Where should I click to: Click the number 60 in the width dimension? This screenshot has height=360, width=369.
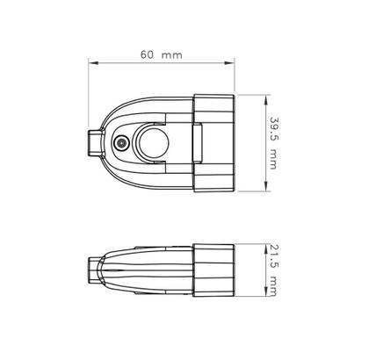[x=147, y=54]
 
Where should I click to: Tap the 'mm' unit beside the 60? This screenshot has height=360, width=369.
[x=172, y=55]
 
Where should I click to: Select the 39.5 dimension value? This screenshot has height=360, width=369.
[x=273, y=128]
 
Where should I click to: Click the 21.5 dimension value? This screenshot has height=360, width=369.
[x=272, y=256]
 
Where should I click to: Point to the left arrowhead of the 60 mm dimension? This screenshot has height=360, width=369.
[x=93, y=62]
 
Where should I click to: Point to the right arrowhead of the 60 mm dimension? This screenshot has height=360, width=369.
[x=229, y=62]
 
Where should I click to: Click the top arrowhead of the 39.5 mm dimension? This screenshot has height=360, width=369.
[x=265, y=99]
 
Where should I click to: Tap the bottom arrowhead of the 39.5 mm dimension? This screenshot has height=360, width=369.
[x=265, y=186]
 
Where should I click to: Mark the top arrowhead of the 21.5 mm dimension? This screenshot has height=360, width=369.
[x=265, y=249]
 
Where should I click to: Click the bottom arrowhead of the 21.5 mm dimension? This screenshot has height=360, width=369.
[x=265, y=292]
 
